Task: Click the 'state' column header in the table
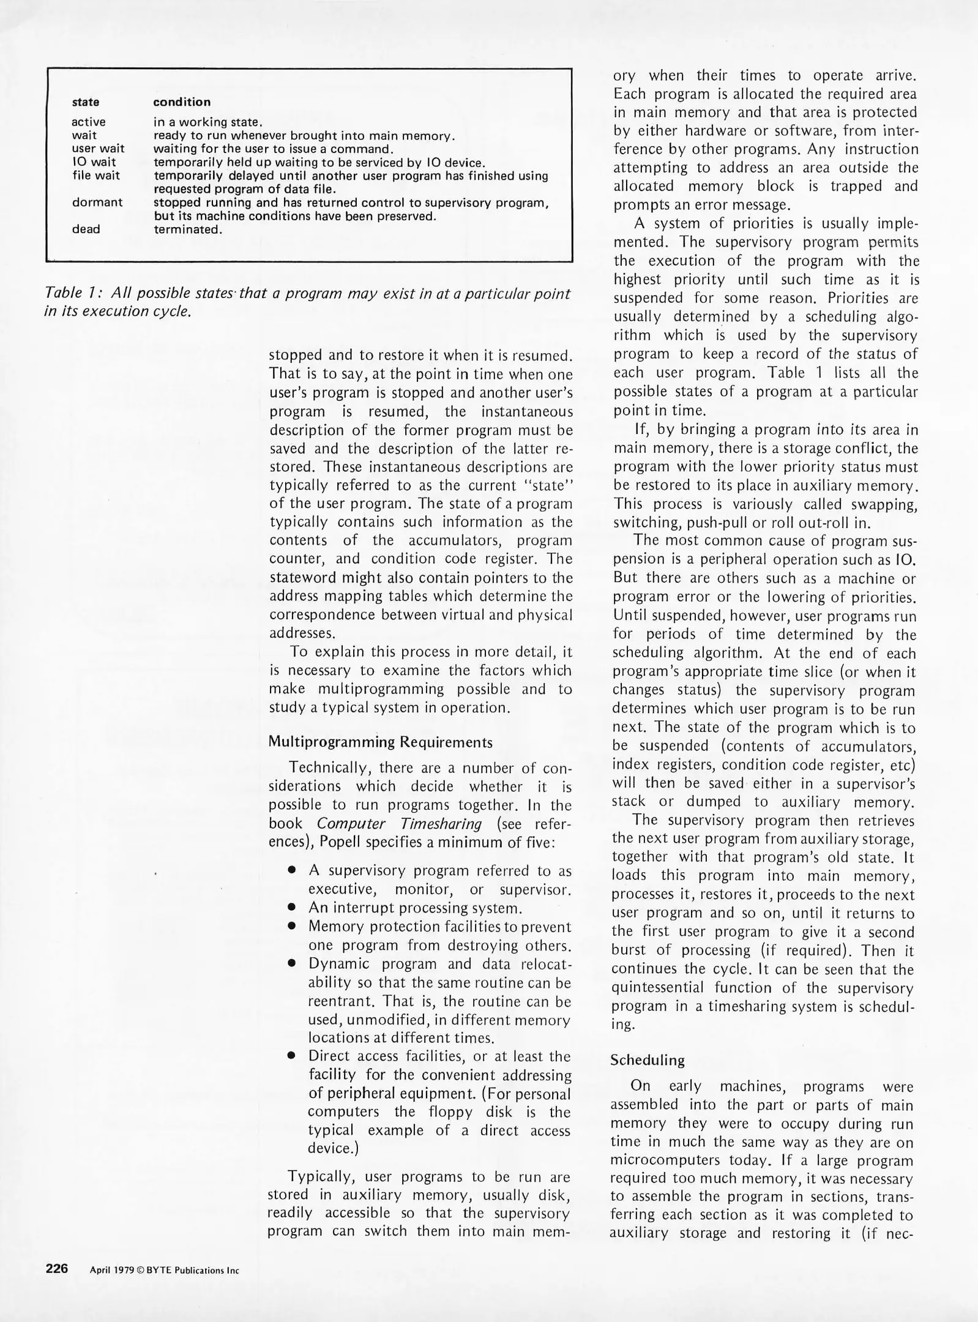pos(86,102)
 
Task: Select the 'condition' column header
pos(182,102)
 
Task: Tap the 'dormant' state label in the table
pos(97,202)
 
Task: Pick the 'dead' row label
pos(86,230)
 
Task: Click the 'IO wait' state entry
pos(94,162)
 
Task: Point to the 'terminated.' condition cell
pos(187,230)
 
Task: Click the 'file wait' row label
pos(96,176)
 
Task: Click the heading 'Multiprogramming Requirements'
pos(381,742)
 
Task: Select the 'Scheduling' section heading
pos(648,1060)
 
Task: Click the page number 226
pos(57,1268)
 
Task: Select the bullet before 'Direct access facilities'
pos(293,1056)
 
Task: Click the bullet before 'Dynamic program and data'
pos(293,964)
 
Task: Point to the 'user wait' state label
pos(98,149)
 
